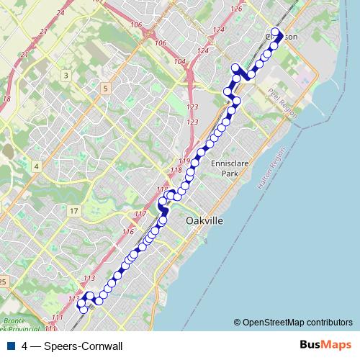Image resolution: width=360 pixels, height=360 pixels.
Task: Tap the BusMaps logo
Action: click(x=322, y=346)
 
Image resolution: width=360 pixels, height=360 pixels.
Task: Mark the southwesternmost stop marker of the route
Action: click(x=83, y=309)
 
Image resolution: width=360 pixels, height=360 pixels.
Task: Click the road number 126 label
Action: click(x=237, y=8)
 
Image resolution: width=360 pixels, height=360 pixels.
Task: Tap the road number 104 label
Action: click(x=180, y=62)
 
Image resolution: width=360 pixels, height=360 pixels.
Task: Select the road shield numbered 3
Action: click(x=66, y=76)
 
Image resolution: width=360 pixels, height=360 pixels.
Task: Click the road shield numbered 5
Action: click(x=105, y=89)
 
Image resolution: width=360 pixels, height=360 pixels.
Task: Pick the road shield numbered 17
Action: click(x=73, y=211)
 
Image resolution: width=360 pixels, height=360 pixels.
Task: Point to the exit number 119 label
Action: click(x=184, y=161)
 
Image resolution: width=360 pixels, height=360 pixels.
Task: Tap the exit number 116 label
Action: click(x=128, y=232)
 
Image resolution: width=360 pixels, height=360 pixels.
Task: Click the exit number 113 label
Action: click(x=89, y=279)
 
